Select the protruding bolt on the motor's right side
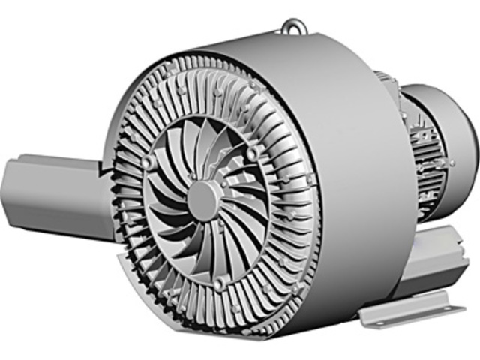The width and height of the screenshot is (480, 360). tap(452, 162)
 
